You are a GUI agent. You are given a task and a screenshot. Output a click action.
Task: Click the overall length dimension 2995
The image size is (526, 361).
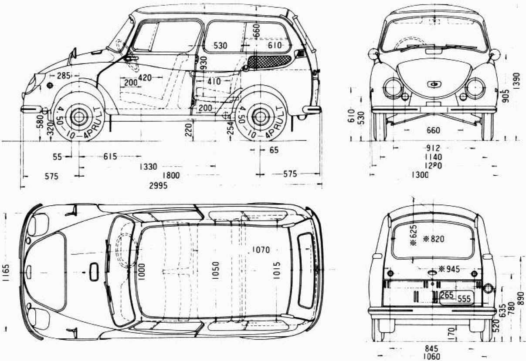[x=158, y=185]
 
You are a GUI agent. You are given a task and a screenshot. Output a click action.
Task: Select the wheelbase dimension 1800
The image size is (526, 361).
[x=170, y=176]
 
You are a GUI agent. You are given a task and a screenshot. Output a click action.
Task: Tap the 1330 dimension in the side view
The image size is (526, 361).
[x=149, y=167]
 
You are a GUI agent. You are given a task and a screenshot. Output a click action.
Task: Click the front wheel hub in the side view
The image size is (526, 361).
[x=79, y=116]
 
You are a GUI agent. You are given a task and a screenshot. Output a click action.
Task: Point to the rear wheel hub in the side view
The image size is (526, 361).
[x=260, y=116]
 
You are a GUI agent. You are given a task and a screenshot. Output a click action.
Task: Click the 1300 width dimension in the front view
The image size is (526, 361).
[x=419, y=175]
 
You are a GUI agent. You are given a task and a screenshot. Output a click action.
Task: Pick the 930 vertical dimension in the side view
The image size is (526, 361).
[x=204, y=64]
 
